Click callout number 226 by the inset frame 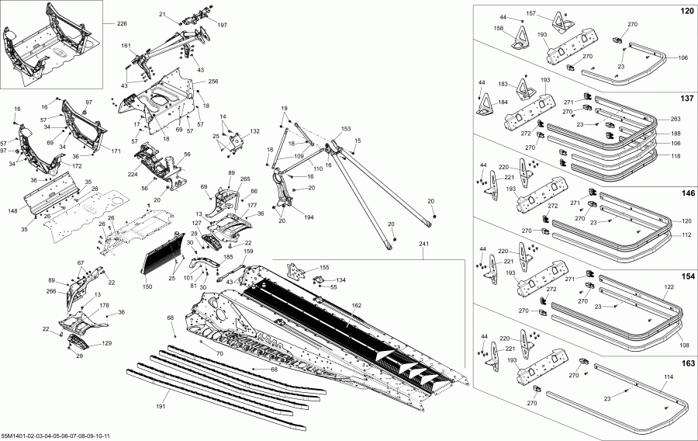(122, 23)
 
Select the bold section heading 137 (686, 99)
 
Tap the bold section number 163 (686, 363)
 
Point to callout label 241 (423, 244)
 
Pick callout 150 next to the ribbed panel (147, 286)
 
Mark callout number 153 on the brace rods (345, 129)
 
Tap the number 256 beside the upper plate (213, 82)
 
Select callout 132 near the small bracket (254, 133)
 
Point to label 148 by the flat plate (12, 210)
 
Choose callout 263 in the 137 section (675, 120)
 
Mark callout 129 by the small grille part (106, 343)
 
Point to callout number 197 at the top (223, 26)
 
